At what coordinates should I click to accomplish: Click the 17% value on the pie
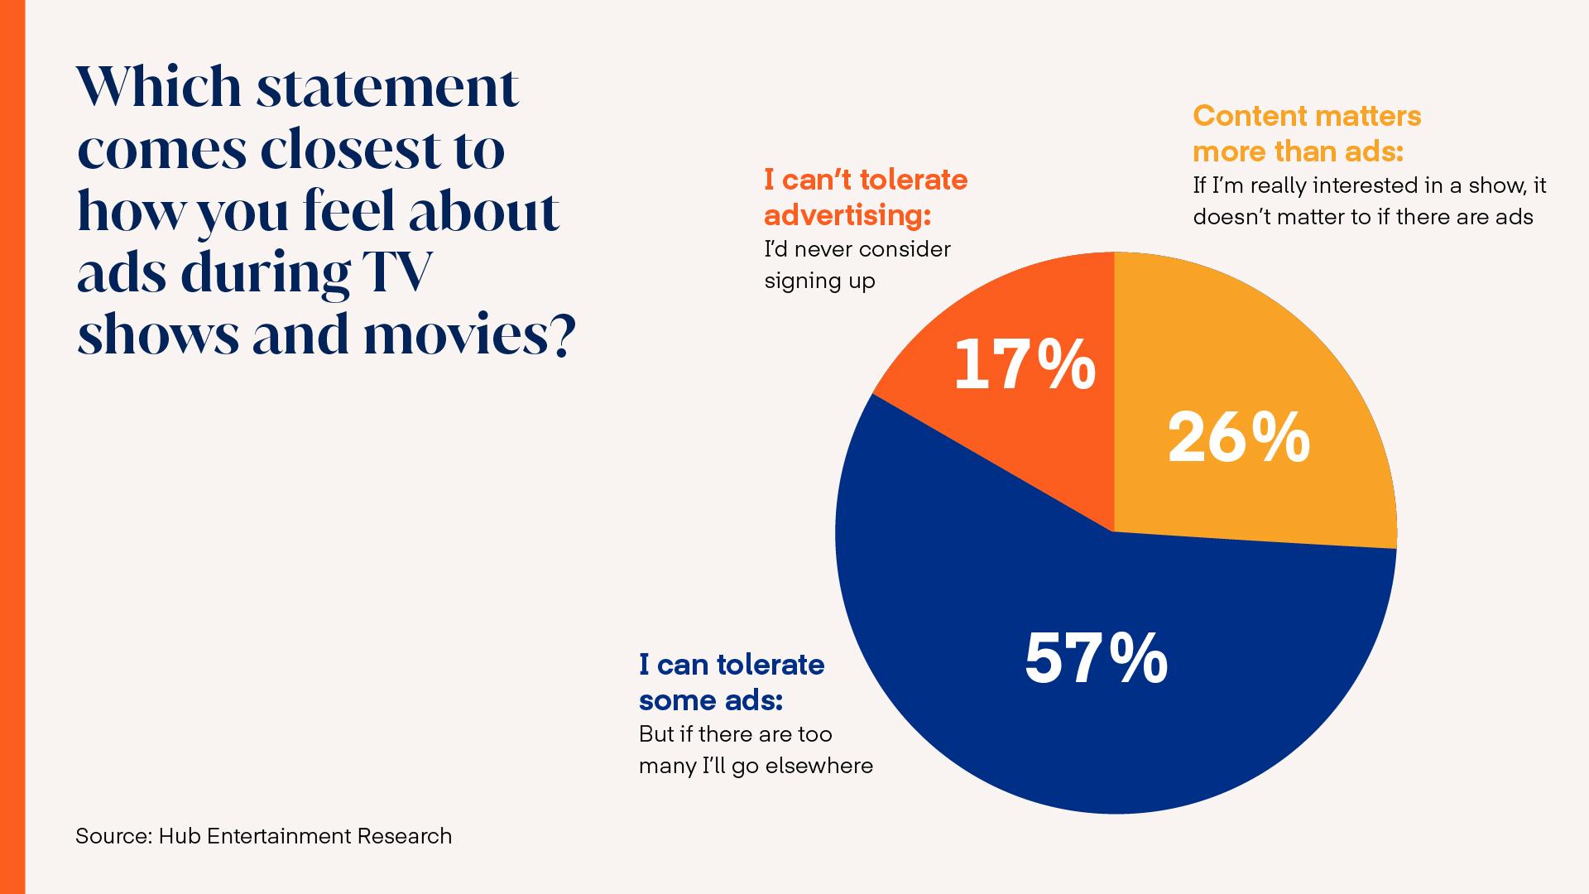click(x=1025, y=366)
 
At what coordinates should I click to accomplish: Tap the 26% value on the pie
click(x=1239, y=439)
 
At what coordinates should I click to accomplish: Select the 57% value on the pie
click(x=1096, y=659)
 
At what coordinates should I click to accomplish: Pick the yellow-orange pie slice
click(x=1258, y=348)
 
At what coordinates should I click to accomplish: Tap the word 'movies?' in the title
click(x=468, y=335)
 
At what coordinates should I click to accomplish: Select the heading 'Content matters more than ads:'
click(x=1306, y=133)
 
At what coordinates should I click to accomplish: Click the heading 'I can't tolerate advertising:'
click(x=865, y=197)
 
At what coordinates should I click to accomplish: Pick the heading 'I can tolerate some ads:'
click(x=731, y=682)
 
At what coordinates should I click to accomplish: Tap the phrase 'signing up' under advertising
click(x=819, y=281)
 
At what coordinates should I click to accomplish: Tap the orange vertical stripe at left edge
click(x=12, y=447)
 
